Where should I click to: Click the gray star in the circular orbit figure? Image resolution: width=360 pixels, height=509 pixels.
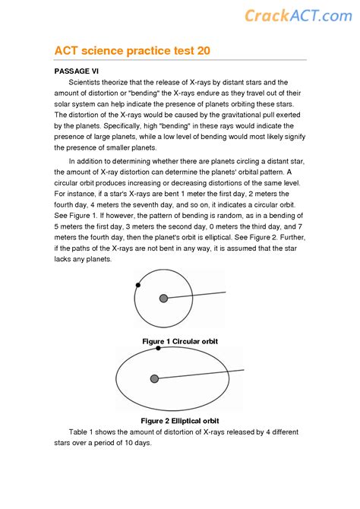coord(163,299)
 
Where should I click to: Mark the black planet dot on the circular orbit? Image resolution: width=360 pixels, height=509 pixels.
coord(137,286)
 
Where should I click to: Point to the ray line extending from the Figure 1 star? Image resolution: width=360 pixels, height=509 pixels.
coord(197,295)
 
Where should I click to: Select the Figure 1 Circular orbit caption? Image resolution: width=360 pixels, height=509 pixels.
coord(180,341)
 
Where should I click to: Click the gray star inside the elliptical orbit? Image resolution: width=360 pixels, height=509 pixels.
coord(155,378)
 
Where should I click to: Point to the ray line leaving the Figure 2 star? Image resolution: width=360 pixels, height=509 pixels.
coord(201,374)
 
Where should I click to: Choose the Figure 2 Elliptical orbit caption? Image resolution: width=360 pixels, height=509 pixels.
coord(180,420)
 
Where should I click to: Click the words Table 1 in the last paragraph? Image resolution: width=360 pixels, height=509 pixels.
coord(83,432)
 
